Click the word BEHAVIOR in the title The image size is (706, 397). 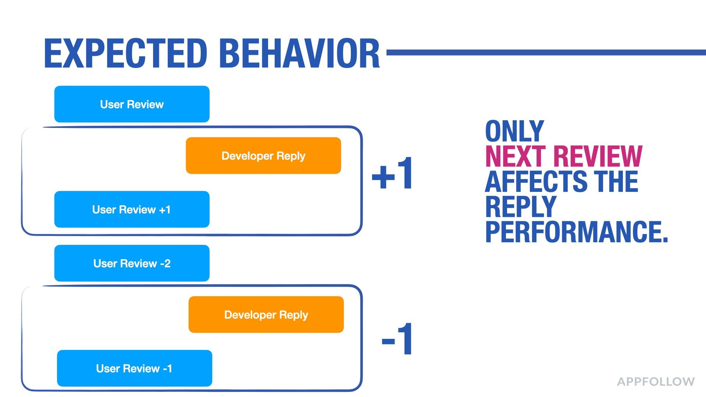300,53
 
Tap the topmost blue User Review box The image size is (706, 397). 132,104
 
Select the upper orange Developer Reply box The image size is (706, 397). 263,155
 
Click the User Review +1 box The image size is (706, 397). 132,209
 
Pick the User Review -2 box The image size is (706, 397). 132,263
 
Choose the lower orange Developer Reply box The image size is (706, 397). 266,315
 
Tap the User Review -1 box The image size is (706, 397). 135,368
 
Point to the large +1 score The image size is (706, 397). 392,173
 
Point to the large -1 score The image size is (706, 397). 397,339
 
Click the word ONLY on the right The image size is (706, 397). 514,131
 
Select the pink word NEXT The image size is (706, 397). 517,156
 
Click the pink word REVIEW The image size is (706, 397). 598,156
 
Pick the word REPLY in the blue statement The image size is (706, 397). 521,207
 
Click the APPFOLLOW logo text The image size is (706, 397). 656,382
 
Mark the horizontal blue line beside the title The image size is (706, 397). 546,53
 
